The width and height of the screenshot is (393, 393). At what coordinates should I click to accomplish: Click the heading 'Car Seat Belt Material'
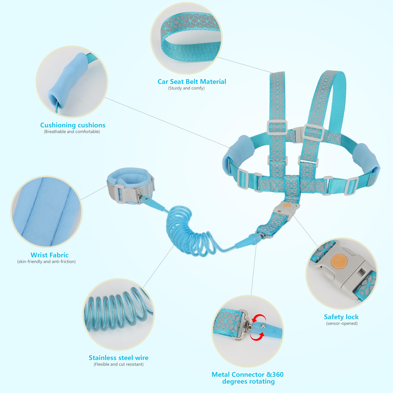point(192,81)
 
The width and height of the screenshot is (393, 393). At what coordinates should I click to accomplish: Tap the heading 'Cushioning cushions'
point(73,125)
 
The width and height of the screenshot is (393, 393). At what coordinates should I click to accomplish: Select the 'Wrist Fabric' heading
point(50,255)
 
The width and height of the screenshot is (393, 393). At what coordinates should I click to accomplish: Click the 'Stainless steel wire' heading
point(118,358)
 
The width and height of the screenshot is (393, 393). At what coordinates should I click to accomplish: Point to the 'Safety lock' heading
point(341,317)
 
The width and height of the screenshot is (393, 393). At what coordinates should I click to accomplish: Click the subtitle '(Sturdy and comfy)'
point(186,88)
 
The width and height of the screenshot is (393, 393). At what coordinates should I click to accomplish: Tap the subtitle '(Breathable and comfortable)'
point(72,132)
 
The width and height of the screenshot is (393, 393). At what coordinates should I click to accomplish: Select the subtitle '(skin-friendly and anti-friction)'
point(46,261)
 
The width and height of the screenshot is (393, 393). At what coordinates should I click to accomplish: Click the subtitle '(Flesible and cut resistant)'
point(119,364)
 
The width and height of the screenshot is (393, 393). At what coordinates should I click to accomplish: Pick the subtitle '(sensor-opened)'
point(342,323)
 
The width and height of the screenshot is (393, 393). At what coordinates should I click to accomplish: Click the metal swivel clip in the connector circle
point(242,325)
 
